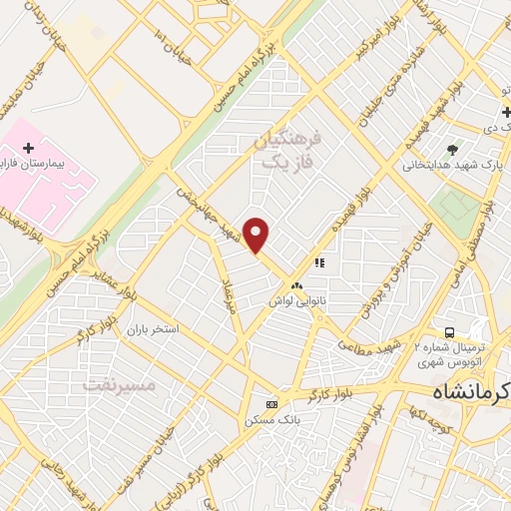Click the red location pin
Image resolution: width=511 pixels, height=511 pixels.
click(x=257, y=236)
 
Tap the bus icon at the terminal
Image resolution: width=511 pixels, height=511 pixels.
click(x=450, y=331)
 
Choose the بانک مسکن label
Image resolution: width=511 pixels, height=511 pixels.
click(x=272, y=420)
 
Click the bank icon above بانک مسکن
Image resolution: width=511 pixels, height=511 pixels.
click(x=271, y=404)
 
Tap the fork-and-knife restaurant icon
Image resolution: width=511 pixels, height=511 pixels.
click(x=319, y=262)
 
